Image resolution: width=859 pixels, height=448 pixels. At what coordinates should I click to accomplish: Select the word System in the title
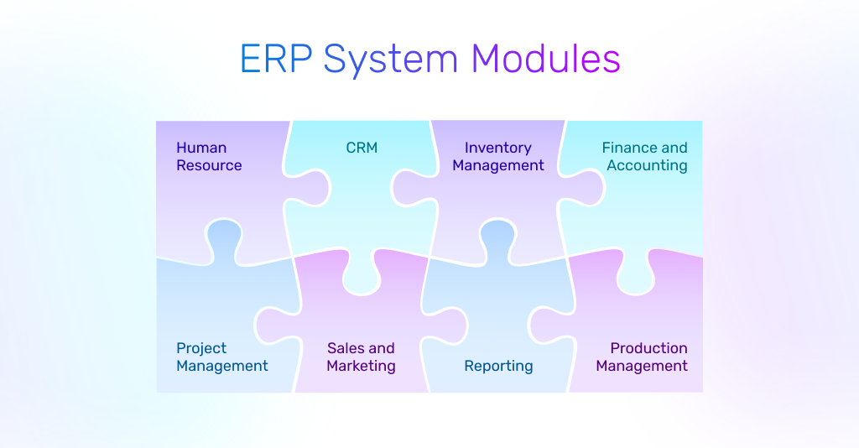[390, 60]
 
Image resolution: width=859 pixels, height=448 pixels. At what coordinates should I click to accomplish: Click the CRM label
[362, 148]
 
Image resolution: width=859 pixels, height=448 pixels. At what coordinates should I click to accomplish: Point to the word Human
[201, 148]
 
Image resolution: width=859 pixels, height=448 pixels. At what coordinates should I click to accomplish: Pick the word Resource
[209, 165]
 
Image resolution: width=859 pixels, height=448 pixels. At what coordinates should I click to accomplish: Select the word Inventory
[498, 148]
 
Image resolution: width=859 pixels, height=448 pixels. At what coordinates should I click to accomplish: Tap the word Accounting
[647, 165]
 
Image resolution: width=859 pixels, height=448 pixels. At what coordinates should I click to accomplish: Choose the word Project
[201, 348]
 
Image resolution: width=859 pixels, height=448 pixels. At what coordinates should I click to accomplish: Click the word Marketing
[361, 366]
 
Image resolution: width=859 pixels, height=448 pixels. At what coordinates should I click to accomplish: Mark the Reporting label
[498, 366]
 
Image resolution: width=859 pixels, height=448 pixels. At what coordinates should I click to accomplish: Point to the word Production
[648, 348]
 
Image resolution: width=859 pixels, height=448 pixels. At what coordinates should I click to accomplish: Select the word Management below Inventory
[498, 165]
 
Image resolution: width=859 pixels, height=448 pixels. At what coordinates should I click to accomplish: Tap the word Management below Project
[222, 366]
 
